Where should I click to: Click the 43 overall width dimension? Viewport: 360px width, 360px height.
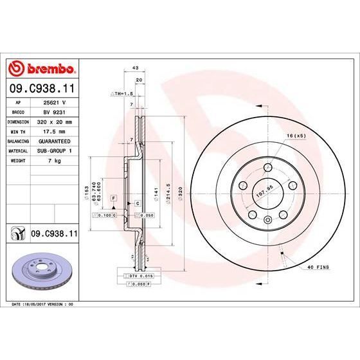[x=135, y=67]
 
